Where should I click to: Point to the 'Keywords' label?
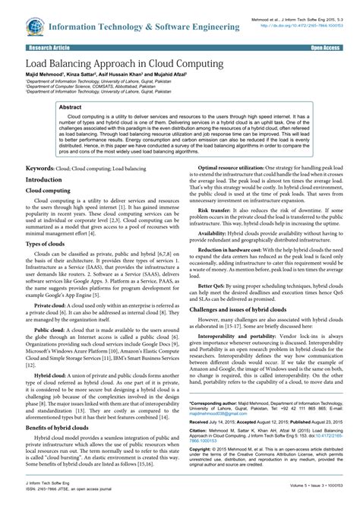pos(44,166)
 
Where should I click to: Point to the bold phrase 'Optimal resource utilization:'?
pos(235,166)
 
